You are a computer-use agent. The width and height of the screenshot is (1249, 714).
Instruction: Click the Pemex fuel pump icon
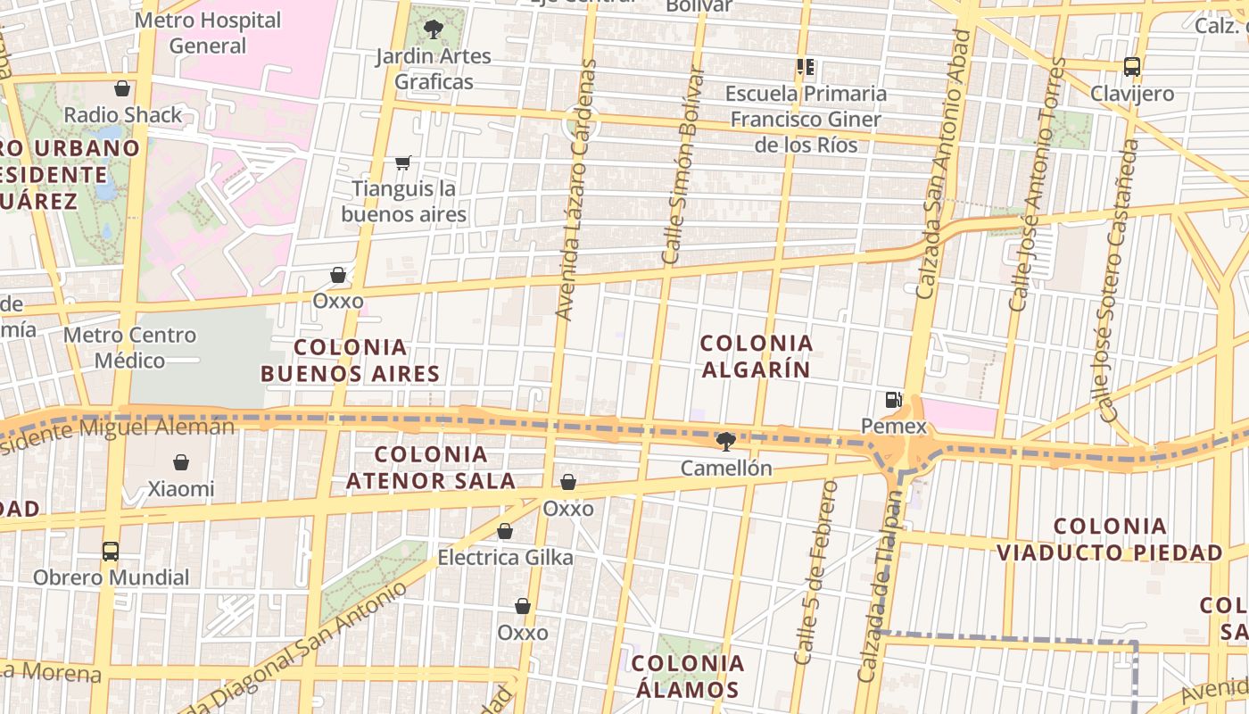(893, 400)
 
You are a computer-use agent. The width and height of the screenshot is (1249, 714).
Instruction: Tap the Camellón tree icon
(726, 441)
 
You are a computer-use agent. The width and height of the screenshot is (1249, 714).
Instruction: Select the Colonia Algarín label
(757, 356)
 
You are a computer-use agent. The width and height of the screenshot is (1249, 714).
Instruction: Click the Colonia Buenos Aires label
(351, 361)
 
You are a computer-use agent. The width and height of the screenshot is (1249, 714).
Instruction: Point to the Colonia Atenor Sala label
(431, 468)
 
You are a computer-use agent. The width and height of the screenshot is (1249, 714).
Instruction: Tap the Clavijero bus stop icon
(1132, 67)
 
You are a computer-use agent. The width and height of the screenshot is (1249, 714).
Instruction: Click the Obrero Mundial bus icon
(111, 551)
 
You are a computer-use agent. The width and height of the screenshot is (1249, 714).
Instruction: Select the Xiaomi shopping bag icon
(181, 462)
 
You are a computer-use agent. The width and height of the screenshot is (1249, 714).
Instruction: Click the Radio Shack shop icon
(122, 88)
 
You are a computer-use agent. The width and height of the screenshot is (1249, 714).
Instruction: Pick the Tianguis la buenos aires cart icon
(403, 162)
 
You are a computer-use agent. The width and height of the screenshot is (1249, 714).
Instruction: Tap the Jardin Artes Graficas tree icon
(434, 29)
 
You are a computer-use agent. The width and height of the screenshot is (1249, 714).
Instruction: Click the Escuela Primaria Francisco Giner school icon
(806, 67)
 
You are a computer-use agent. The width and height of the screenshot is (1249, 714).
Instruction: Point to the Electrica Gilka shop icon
(505, 531)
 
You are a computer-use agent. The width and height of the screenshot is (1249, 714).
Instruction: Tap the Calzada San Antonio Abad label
(943, 163)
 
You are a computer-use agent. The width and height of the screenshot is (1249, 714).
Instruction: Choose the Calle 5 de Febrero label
(816, 572)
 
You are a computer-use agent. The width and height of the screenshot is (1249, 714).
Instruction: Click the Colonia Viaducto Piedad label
(1110, 539)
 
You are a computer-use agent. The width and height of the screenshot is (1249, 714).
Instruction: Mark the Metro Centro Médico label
(130, 348)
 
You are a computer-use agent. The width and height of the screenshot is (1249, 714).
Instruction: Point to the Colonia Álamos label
(688, 677)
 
